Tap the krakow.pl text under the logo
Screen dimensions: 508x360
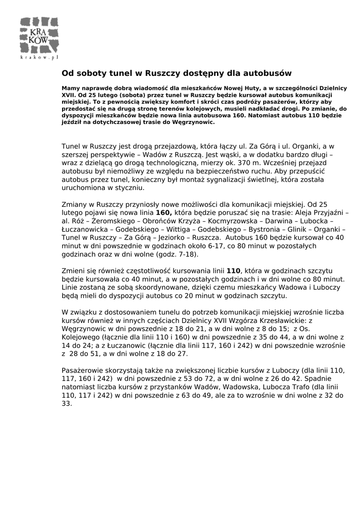(40, 58)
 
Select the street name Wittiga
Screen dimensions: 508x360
(178, 229)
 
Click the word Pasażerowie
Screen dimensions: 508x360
(83, 371)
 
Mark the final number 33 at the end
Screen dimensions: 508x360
(66, 404)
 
